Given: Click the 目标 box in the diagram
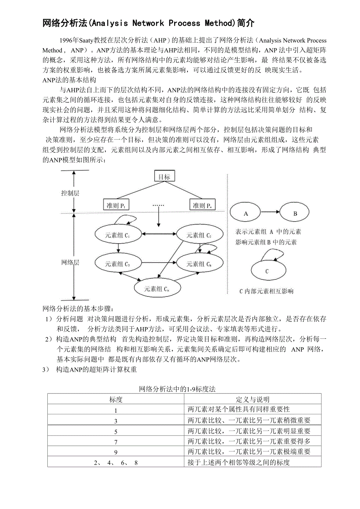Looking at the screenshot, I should pos(164,177).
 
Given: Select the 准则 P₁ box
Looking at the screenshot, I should pos(116,205).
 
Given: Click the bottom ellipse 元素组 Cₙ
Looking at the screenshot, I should pos(157,289).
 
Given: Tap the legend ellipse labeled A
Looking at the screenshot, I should pos(246,214).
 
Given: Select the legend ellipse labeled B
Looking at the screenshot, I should pos(295,214).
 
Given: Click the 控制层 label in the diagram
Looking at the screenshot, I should pos(70,193).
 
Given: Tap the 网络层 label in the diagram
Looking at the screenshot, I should pos(70,263).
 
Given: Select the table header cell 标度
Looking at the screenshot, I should pos(116,399).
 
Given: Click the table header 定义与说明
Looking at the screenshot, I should pos(253,399).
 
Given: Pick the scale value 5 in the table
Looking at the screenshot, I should pos(116,432).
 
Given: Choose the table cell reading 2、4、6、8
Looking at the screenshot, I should pos(116,462).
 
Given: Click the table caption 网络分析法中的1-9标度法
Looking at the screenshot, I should pos(177,389).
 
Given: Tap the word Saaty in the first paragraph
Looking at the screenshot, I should pos(86,40).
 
